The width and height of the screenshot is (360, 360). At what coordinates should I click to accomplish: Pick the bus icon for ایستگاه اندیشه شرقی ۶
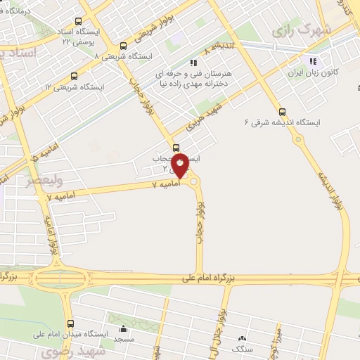282,111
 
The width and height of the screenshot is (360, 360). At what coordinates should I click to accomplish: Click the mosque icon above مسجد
124,328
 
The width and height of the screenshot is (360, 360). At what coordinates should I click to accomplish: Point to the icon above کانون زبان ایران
313,61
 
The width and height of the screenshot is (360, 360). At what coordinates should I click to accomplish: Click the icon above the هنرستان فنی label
193,62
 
